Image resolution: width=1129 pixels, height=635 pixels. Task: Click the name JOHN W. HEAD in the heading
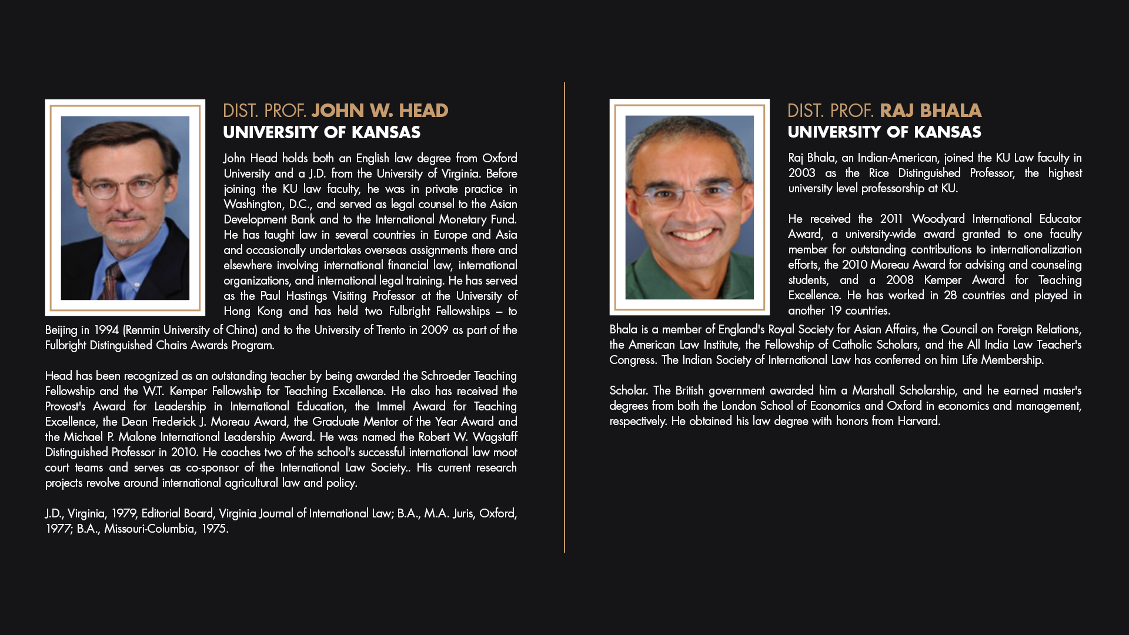coord(380,111)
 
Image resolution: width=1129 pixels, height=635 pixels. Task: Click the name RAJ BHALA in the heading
coord(930,111)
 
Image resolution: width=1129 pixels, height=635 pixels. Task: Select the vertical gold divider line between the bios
coord(564,317)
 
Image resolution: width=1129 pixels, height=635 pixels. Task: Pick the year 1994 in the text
coord(106,330)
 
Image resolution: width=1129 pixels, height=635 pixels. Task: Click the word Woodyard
coord(938,219)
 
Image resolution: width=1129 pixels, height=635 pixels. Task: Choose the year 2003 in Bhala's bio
coord(801,173)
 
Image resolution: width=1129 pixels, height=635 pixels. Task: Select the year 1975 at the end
coord(213,529)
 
